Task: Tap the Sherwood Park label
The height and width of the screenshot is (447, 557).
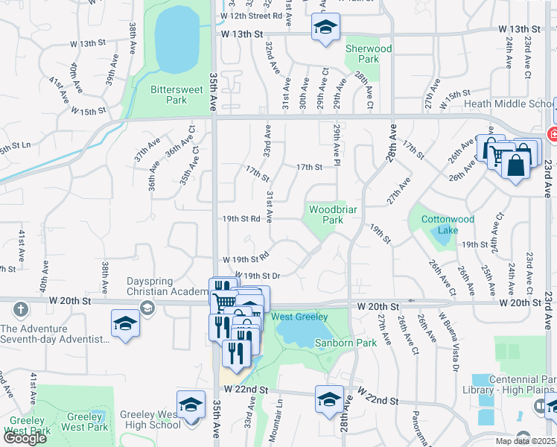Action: pos(368,54)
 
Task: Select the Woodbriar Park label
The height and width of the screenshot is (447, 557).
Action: pos(326,215)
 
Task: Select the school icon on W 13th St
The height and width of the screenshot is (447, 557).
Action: pos(325,28)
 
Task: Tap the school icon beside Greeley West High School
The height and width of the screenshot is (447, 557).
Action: pos(191,405)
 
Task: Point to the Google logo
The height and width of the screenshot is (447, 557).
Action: pos(25,438)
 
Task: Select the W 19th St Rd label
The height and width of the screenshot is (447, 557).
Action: pos(245,259)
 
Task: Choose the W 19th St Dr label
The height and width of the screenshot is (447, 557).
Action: pos(257,276)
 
